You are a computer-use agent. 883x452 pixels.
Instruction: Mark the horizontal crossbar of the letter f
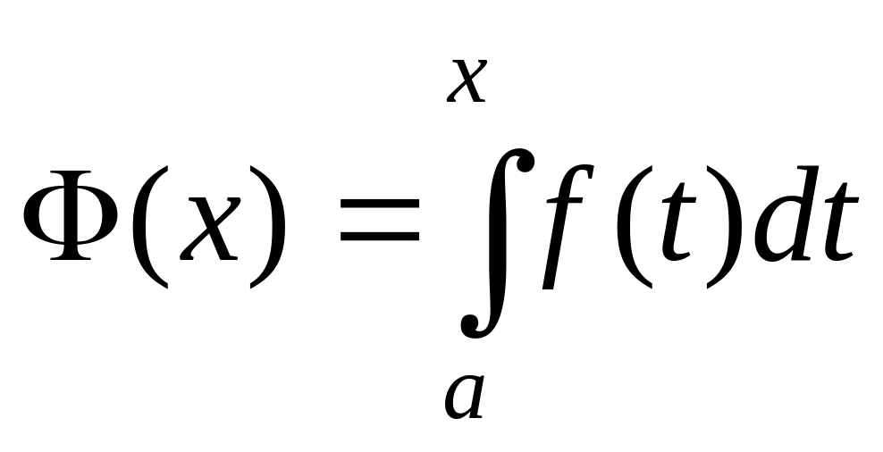(x=568, y=194)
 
